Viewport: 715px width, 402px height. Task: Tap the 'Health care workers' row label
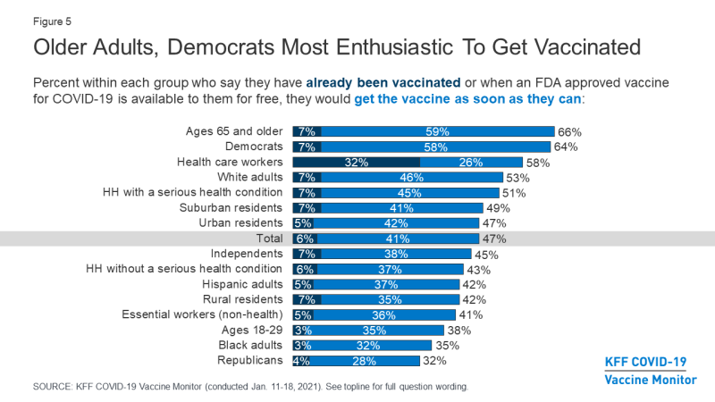(x=231, y=162)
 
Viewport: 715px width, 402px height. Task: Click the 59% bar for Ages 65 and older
(x=437, y=131)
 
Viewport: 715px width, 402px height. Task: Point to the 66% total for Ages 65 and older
(x=568, y=131)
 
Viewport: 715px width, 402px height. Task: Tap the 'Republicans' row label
(x=250, y=360)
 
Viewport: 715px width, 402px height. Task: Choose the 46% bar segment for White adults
(x=411, y=178)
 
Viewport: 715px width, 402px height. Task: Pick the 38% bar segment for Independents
(x=398, y=254)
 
